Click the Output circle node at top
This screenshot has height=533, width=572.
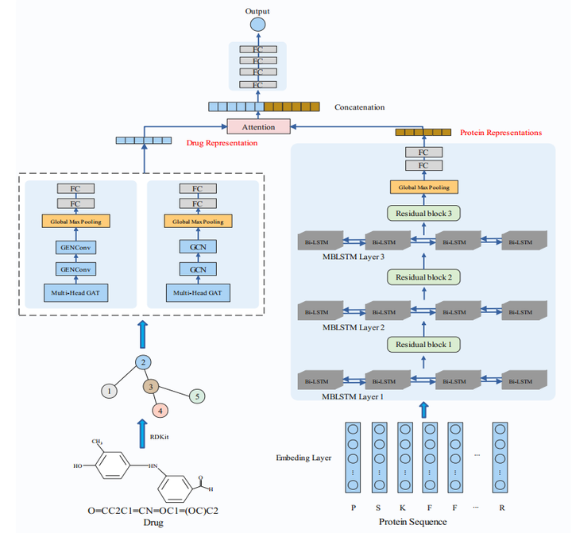(x=258, y=25)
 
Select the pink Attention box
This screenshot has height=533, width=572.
(x=259, y=126)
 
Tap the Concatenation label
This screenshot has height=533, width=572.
(x=359, y=106)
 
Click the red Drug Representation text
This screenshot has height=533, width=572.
(x=222, y=143)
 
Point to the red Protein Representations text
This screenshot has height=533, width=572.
(x=500, y=133)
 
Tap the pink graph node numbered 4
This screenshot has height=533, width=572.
(x=160, y=411)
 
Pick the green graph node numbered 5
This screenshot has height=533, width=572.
(x=199, y=396)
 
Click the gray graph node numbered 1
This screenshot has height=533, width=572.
(x=110, y=391)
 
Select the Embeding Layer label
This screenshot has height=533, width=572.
(x=303, y=458)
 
